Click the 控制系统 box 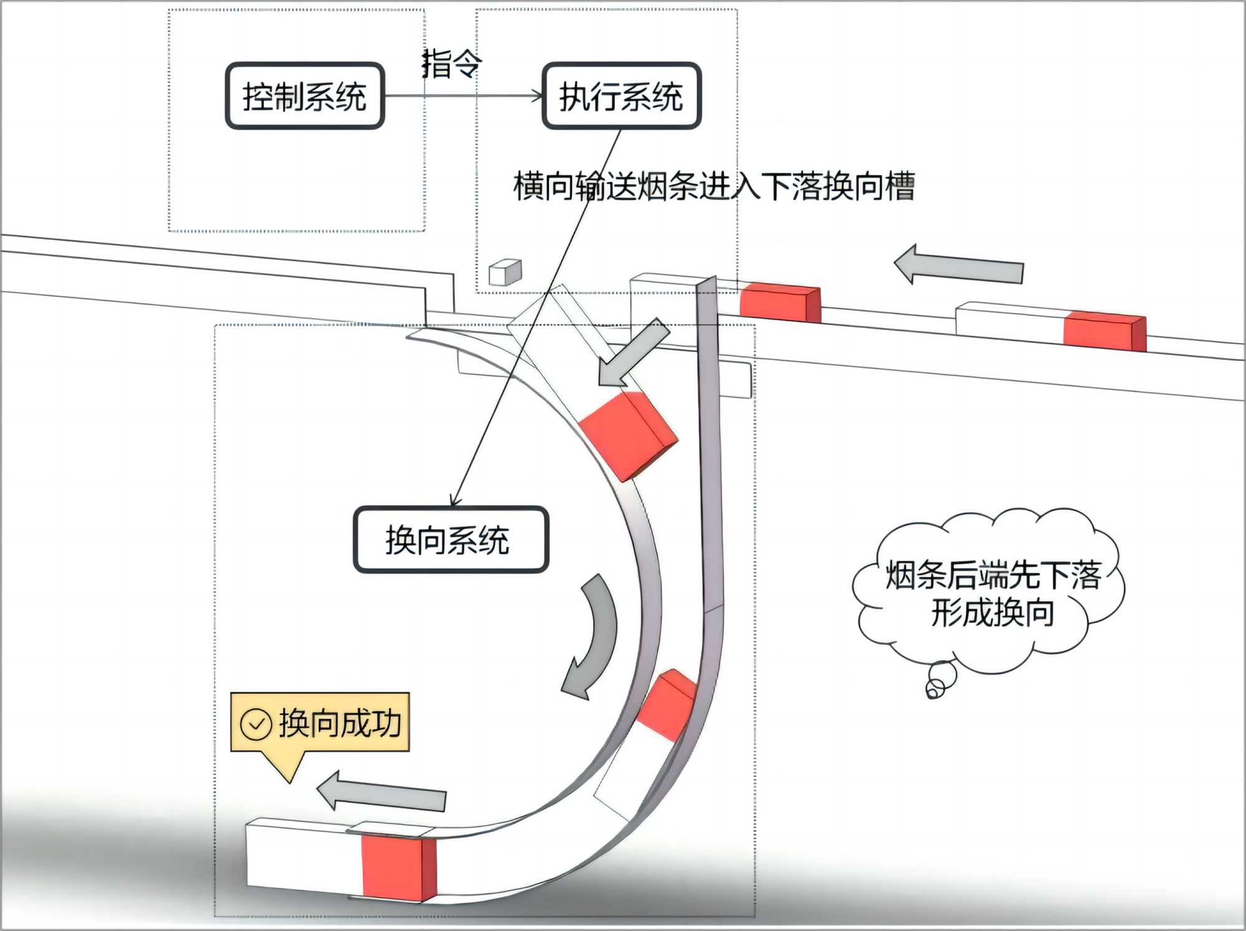coord(305,96)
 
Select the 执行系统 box coord(621,96)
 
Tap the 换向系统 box coord(450,540)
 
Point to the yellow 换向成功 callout coord(320,723)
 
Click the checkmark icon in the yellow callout coord(255,724)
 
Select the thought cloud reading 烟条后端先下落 coord(991,592)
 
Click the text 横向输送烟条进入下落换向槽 coord(713,186)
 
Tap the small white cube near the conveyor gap coord(505,272)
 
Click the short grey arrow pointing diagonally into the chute coord(632,352)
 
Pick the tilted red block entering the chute coord(627,434)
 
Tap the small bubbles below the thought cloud coord(939,680)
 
